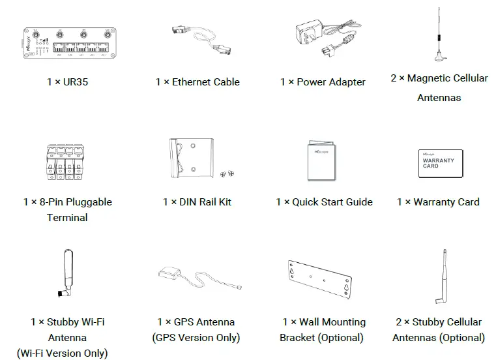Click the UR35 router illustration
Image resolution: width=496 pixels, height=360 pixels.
[x=67, y=45]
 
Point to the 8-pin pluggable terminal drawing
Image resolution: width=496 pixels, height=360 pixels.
[x=67, y=164]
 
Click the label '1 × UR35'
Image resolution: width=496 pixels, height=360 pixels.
[x=67, y=82]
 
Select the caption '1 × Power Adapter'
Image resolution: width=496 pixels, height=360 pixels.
[x=323, y=82]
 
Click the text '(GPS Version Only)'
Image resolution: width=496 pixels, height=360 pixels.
[x=196, y=338]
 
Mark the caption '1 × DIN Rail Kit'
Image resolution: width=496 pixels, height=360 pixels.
[x=197, y=202]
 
